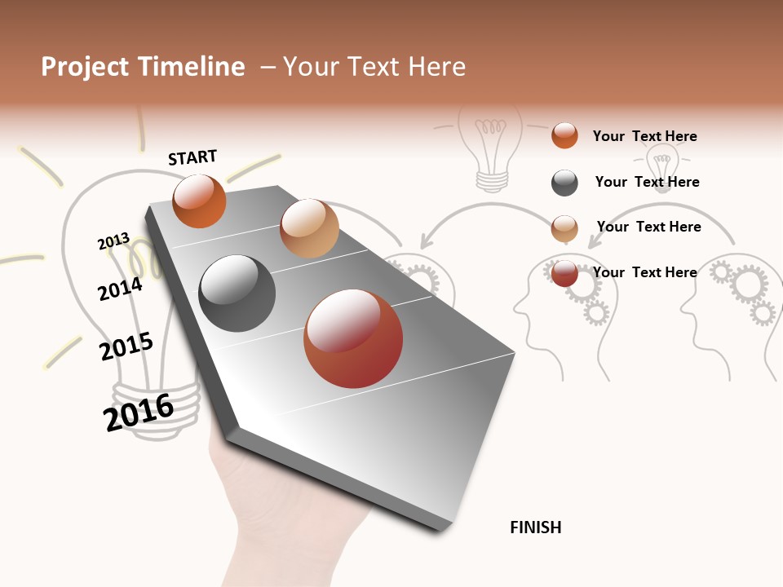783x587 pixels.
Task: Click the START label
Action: pos(192,157)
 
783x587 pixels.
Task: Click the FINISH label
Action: pos(535,527)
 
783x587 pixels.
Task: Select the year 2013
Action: pos(113,241)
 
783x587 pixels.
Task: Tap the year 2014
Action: pos(120,289)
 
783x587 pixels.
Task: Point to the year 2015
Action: pos(126,346)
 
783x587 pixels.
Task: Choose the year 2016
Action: pos(139,412)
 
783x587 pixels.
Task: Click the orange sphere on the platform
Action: pos(199,201)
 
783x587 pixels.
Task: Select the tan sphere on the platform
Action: pos(309,228)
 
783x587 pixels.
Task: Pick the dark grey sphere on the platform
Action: pos(237,293)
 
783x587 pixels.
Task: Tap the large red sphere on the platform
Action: pos(353,338)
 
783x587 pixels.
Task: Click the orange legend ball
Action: pos(564,135)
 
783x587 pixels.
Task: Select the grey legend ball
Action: pos(564,183)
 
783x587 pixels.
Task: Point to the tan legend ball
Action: pos(564,228)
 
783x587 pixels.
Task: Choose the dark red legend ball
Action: pos(564,273)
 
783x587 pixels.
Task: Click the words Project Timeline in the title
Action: pos(143,67)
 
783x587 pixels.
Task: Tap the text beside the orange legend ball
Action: pos(644,136)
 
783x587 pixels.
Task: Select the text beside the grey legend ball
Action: pos(647,182)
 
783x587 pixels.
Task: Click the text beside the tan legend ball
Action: pos(648,227)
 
